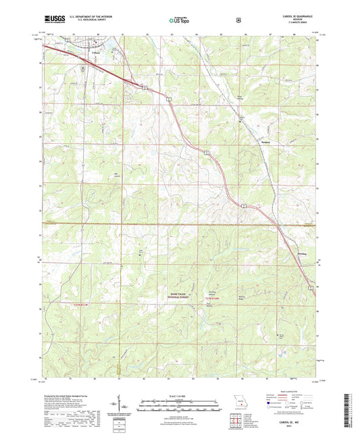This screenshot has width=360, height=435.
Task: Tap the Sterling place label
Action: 303,253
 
